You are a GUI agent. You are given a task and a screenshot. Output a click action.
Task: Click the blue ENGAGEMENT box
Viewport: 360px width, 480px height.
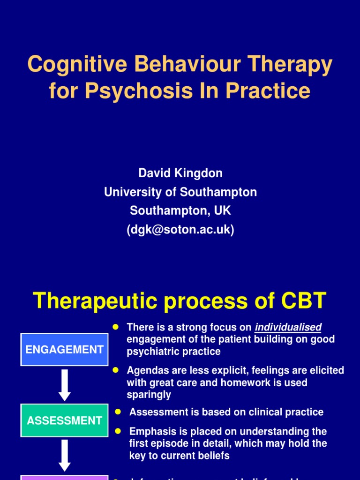point(65,349)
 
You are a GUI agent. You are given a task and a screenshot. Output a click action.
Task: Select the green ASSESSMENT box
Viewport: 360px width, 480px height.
point(65,420)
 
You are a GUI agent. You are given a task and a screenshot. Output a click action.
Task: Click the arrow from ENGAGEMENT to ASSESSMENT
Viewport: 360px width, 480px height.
point(65,385)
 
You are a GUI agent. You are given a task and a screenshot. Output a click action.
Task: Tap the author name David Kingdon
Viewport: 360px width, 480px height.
point(180,173)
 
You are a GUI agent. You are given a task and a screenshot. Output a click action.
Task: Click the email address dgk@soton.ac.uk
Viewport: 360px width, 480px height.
point(180,230)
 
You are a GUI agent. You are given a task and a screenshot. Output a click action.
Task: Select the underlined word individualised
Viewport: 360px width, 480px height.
point(288,327)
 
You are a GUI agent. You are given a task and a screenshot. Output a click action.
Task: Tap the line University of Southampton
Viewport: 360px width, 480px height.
point(180,192)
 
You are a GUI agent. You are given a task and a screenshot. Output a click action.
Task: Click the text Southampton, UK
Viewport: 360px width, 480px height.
point(180,210)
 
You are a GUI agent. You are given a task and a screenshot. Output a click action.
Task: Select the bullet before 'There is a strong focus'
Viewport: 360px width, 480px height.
point(115,326)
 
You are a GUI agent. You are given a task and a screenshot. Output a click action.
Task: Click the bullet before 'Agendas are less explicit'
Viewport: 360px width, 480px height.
point(115,370)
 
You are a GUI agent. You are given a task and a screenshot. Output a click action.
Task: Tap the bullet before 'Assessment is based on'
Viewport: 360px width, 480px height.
point(118,411)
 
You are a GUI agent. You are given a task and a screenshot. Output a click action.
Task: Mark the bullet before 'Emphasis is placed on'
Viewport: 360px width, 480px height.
point(118,430)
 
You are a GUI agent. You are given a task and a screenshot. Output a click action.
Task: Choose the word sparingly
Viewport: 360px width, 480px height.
point(149,395)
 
